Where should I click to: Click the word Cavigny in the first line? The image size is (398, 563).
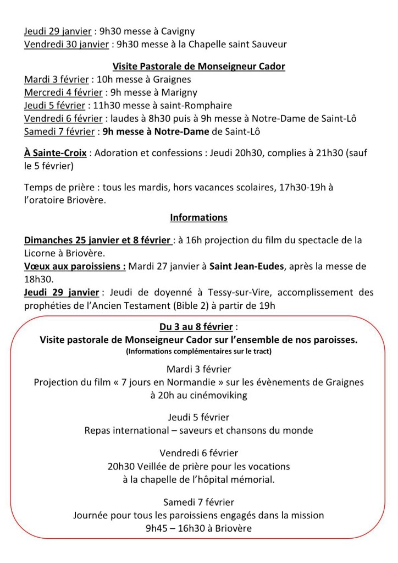pos(178,31)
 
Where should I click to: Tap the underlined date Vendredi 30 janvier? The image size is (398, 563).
pos(66,44)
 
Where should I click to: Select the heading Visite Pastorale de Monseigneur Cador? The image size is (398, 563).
pos(198,67)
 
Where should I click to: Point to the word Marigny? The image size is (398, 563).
pos(179,92)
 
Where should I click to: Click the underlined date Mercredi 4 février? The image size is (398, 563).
pos(62,92)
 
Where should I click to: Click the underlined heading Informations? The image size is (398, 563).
pos(198,217)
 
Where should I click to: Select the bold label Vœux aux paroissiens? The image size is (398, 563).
pos(75,266)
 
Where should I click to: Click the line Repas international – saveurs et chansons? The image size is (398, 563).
pos(199,430)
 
